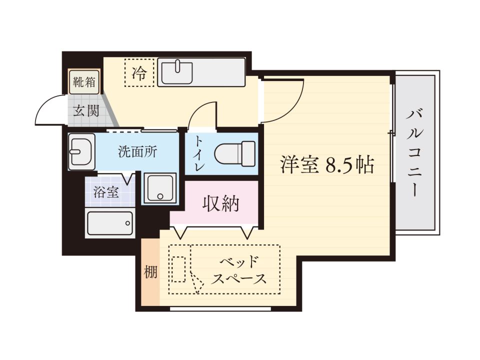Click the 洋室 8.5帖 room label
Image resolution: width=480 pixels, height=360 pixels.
[327, 165]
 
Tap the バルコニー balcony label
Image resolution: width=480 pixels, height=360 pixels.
[415, 153]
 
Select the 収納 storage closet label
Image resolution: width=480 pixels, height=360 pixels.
[220, 203]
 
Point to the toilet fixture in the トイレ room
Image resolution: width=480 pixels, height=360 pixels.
[235, 153]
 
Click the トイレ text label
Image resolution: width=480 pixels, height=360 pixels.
[199, 153]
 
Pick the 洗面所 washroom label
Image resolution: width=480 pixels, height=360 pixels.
[138, 151]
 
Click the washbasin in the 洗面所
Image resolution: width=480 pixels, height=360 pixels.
[81, 151]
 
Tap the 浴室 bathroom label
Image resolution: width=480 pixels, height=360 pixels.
[105, 192]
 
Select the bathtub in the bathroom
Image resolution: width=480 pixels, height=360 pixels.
[110, 223]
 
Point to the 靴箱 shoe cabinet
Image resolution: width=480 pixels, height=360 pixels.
[84, 82]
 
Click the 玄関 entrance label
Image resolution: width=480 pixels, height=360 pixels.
[86, 111]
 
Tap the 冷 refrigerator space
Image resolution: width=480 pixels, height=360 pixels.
[139, 72]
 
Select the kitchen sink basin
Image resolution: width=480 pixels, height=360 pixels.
[177, 73]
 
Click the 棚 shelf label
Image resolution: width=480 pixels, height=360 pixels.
[150, 272]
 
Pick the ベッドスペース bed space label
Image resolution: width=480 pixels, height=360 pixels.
[239, 270]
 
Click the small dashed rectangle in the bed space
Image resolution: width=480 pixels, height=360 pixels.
[178, 269]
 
